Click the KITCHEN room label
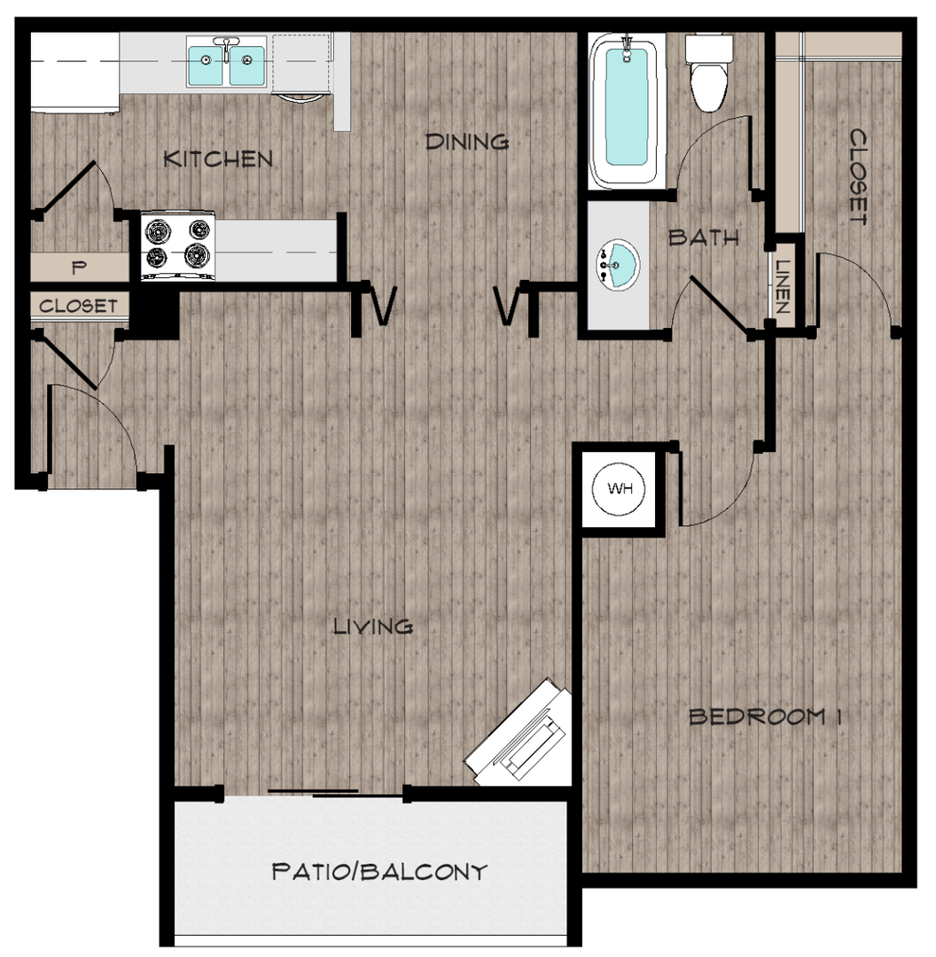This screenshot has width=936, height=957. coord(219,159)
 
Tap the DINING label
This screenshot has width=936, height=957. coord(467,141)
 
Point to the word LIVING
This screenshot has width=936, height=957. coord(373,626)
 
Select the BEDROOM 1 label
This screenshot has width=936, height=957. coord(764,717)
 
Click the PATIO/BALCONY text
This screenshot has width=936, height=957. coord(379,872)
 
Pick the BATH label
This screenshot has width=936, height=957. coord(704,237)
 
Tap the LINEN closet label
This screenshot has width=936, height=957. coord(782,285)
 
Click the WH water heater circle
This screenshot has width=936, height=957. coord(620,489)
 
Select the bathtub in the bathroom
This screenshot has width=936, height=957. coord(627,110)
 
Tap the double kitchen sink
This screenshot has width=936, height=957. coord(226,64)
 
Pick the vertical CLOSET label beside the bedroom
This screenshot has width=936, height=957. coord(857,176)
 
